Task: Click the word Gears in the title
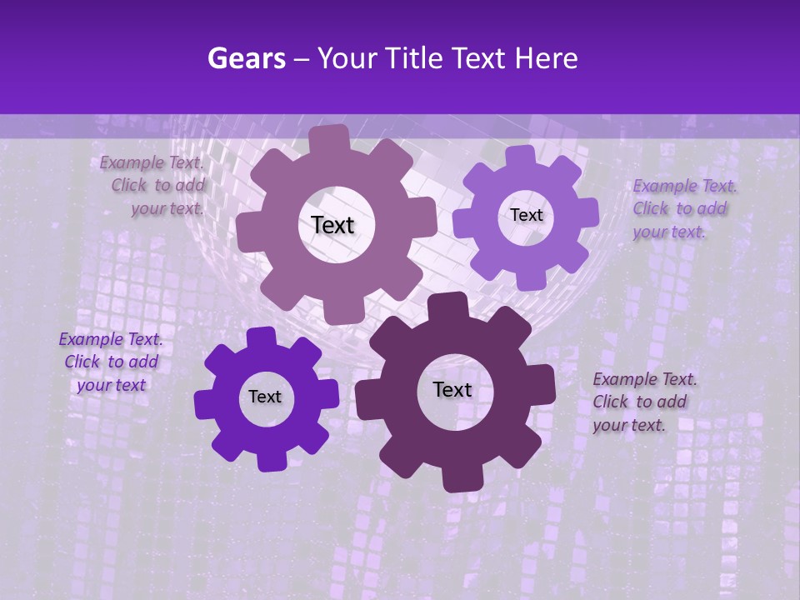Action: click(245, 58)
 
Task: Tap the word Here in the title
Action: click(548, 58)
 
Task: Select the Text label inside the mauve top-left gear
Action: click(332, 225)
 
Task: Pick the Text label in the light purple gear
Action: click(526, 215)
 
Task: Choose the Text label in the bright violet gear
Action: click(265, 397)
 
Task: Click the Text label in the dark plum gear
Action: click(452, 389)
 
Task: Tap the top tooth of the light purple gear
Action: click(520, 157)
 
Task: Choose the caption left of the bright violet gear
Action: click(111, 362)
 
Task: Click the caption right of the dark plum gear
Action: click(643, 402)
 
